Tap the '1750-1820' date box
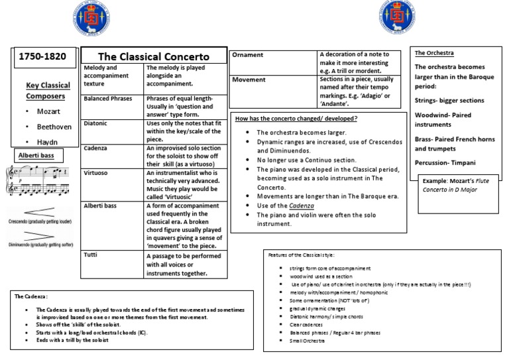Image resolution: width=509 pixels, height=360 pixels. click(x=42, y=56)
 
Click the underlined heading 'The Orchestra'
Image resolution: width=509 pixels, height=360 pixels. click(x=435, y=52)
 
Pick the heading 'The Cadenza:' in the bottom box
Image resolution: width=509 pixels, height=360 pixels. click(x=32, y=295)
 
